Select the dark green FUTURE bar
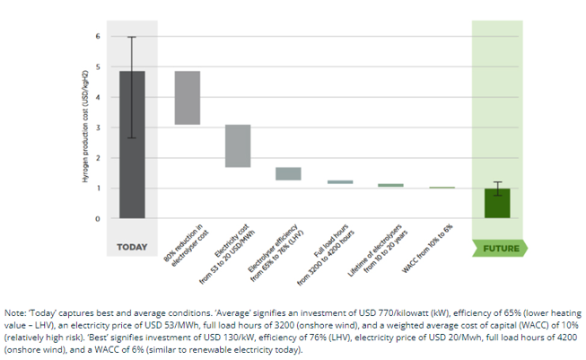point(496,204)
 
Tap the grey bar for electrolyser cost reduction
point(187,97)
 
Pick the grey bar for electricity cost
point(238,145)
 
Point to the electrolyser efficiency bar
point(288,173)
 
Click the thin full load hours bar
point(340,182)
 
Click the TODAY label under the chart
point(132,247)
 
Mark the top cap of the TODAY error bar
point(132,37)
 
